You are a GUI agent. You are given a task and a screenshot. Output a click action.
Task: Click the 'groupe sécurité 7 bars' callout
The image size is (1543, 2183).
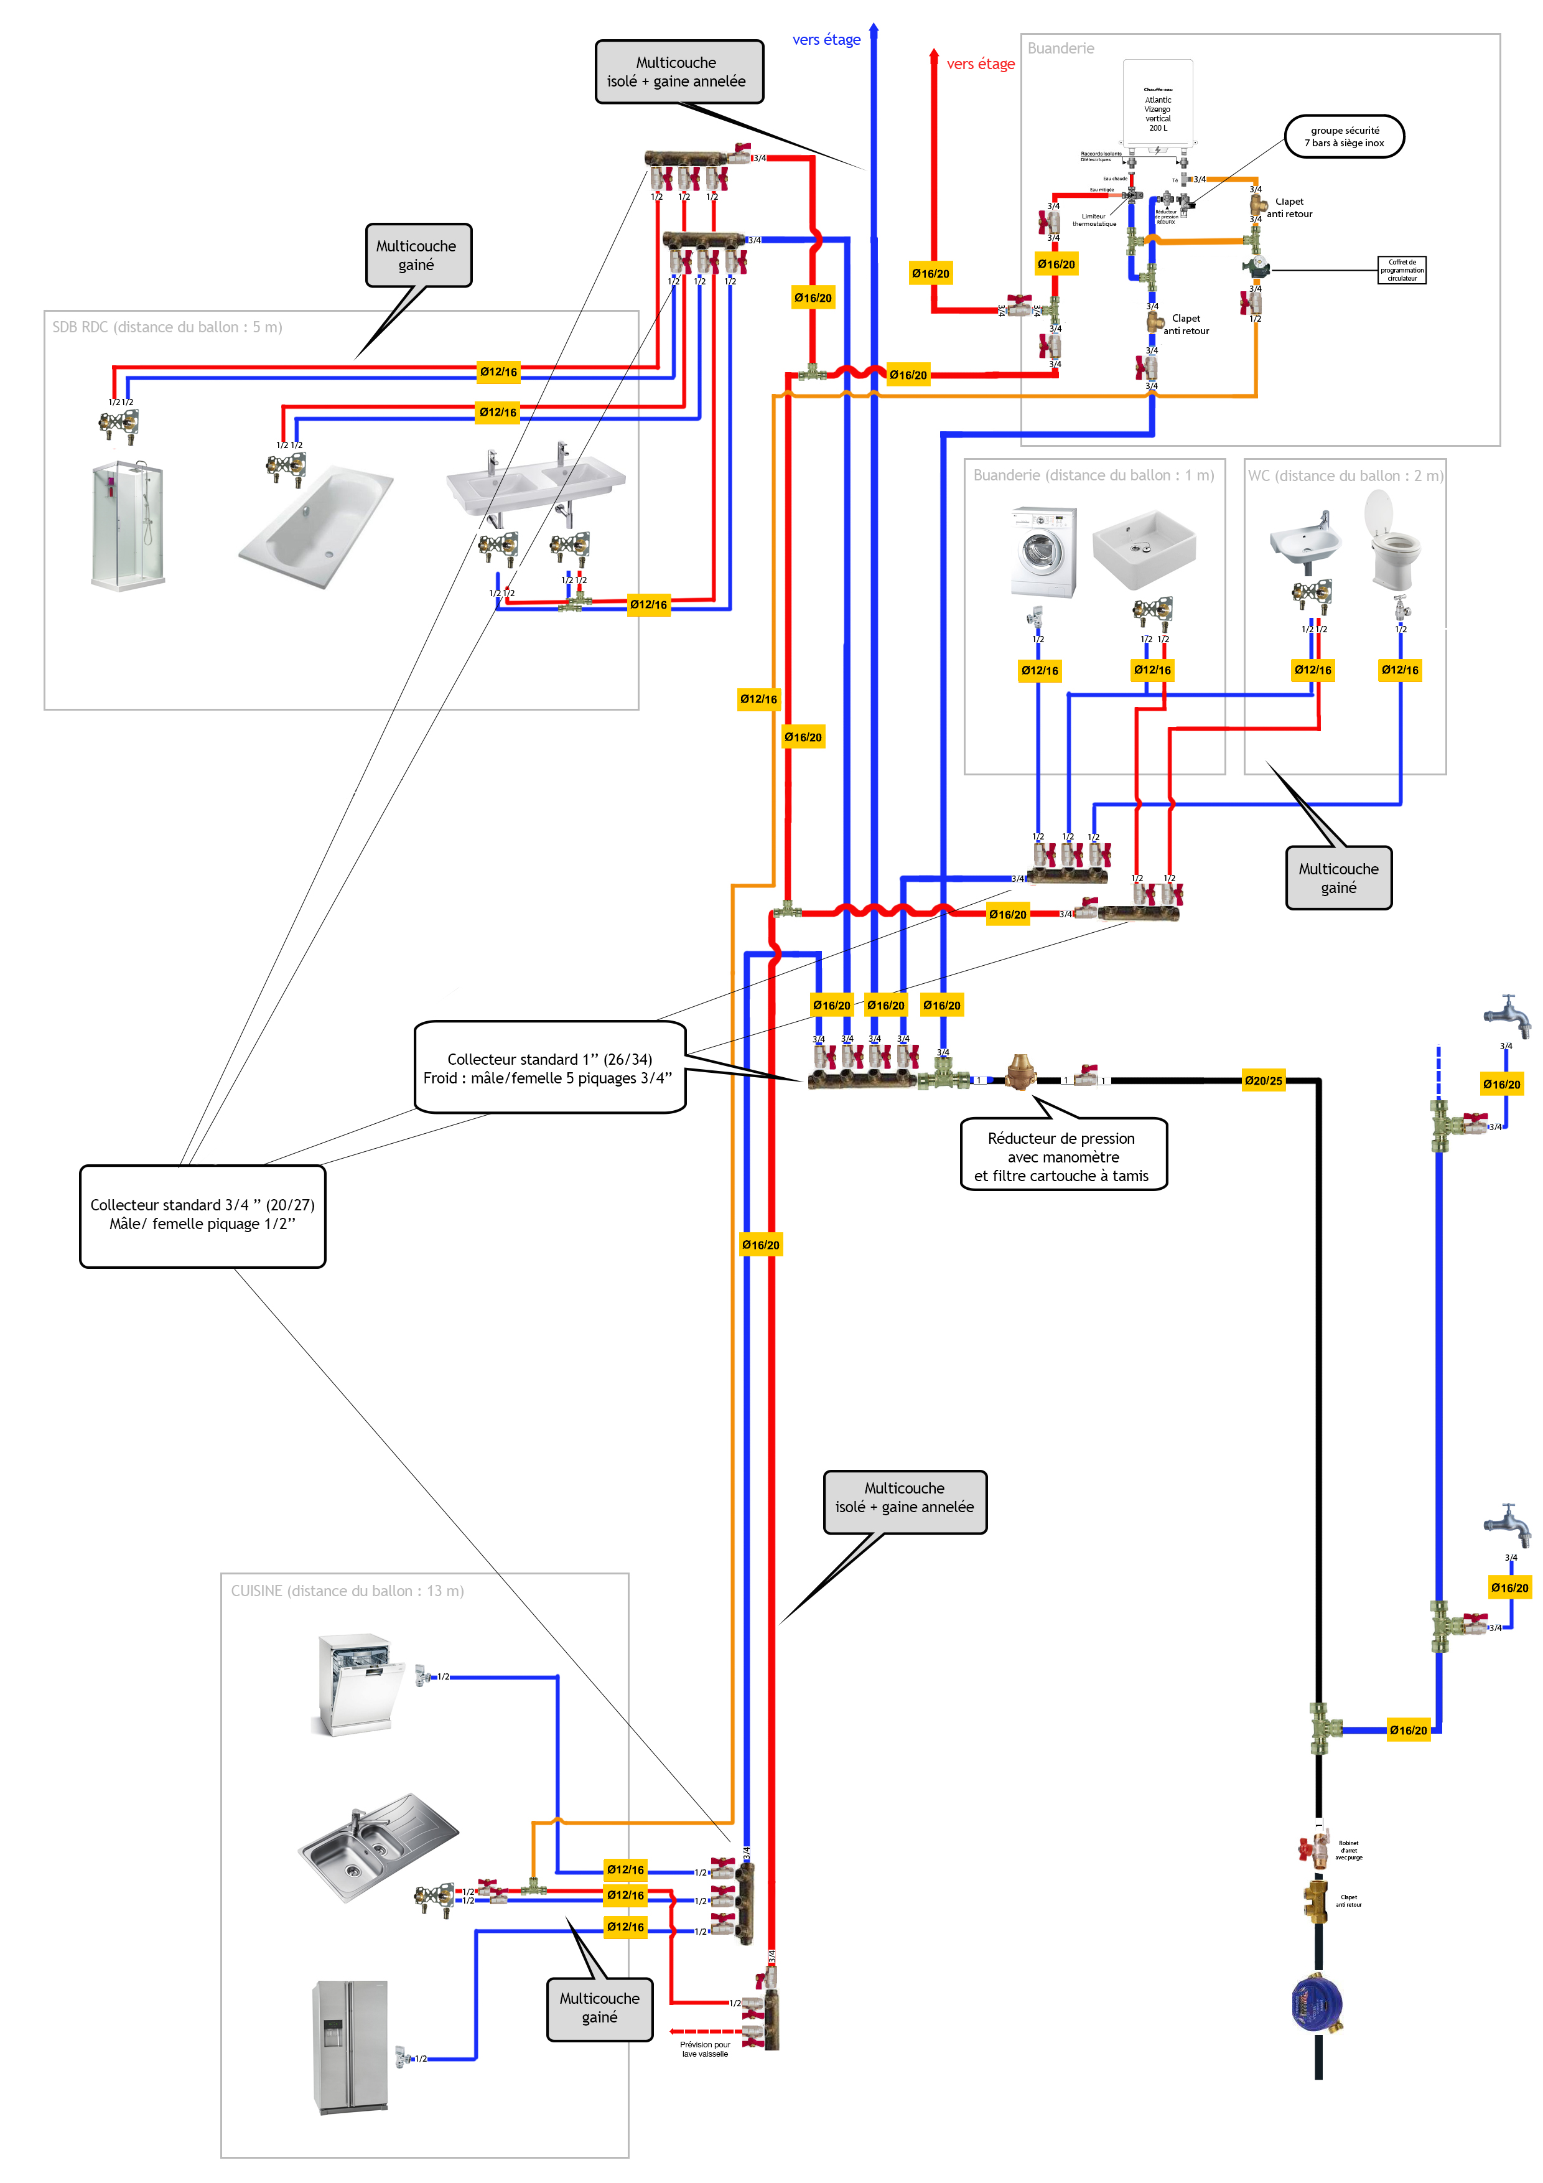[x=1345, y=137]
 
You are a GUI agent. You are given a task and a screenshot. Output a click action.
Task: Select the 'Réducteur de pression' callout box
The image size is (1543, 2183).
[x=1063, y=1156]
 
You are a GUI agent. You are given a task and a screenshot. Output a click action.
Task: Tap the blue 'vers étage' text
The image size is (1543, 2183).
[x=826, y=40]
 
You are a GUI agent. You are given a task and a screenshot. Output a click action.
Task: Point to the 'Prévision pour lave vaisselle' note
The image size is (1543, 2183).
[x=704, y=2049]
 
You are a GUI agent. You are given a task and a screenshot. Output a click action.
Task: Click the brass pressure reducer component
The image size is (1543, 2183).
[x=1020, y=1072]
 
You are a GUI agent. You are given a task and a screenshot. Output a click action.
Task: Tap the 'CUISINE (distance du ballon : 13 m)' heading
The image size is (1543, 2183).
[x=347, y=1591]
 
